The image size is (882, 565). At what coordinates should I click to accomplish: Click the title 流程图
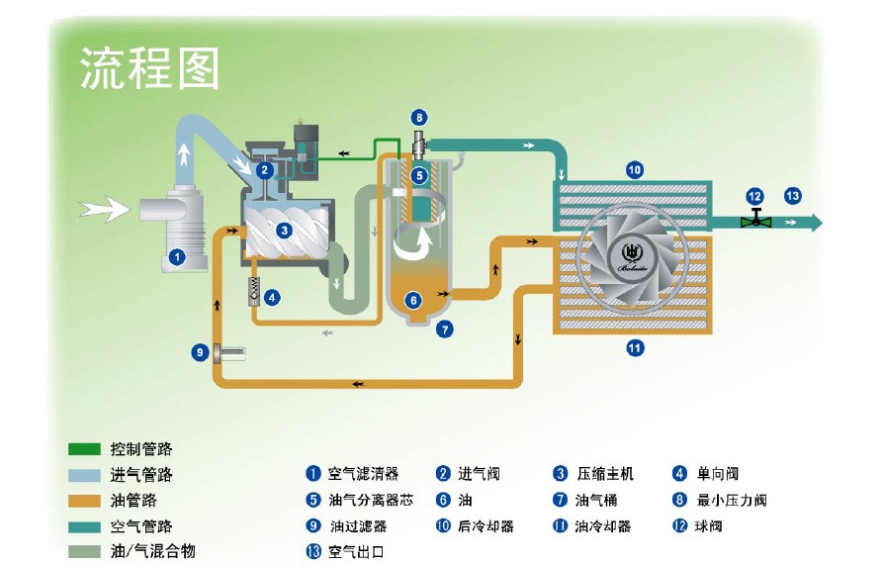pyautogui.click(x=148, y=67)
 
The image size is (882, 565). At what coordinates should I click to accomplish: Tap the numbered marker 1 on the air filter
pyautogui.click(x=177, y=256)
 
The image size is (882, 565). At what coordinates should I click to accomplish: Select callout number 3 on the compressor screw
pyautogui.click(x=284, y=231)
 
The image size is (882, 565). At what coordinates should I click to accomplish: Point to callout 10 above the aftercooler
pyautogui.click(x=635, y=170)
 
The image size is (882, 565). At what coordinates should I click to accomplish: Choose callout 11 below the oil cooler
pyautogui.click(x=635, y=347)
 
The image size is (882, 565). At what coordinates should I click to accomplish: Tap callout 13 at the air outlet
pyautogui.click(x=792, y=195)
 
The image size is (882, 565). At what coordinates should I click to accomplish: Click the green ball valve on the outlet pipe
pyautogui.click(x=756, y=220)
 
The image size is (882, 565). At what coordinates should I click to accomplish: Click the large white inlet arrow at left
pyautogui.click(x=105, y=208)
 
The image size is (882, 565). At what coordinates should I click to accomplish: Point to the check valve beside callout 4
pyautogui.click(x=252, y=293)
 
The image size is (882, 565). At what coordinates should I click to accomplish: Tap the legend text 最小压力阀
pyautogui.click(x=732, y=500)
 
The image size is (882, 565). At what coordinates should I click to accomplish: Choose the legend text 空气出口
pyautogui.click(x=355, y=551)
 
